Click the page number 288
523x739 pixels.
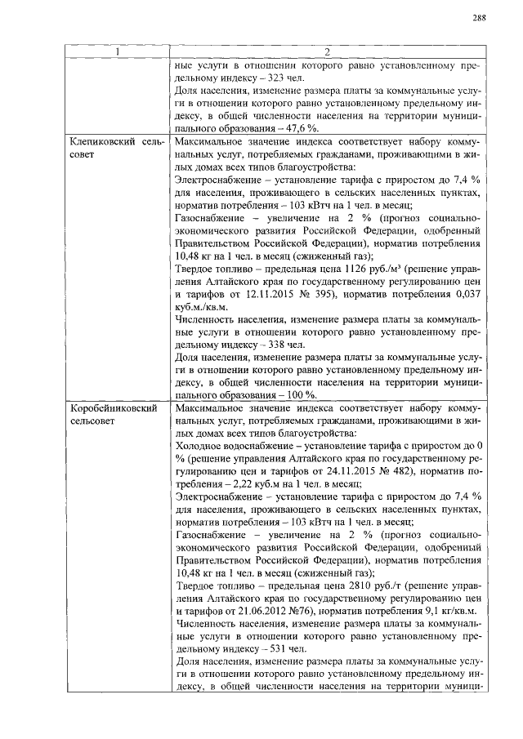[x=480, y=19]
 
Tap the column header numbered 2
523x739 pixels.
[x=326, y=53]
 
